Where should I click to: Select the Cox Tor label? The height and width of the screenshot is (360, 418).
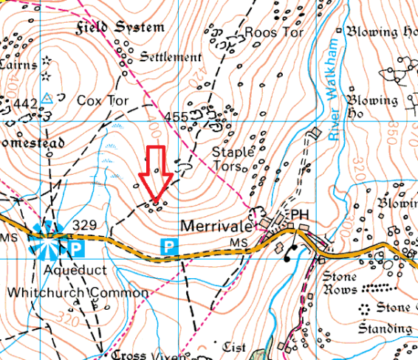click(103, 100)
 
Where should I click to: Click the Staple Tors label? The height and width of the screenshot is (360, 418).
click(233, 158)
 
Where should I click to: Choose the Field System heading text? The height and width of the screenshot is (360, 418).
click(120, 28)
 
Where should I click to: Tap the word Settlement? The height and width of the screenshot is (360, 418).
click(170, 57)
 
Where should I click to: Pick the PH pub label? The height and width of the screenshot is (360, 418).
click(299, 214)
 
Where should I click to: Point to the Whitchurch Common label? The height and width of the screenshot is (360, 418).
click(78, 292)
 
